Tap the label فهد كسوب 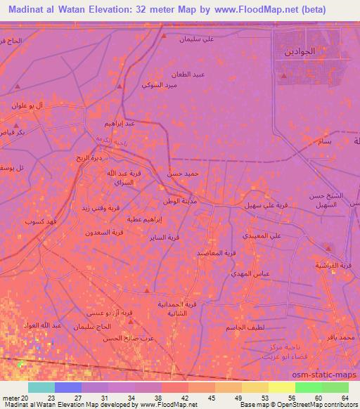pos(36,221)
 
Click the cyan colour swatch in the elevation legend pos(41,387)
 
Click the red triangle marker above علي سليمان pos(164,34)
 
